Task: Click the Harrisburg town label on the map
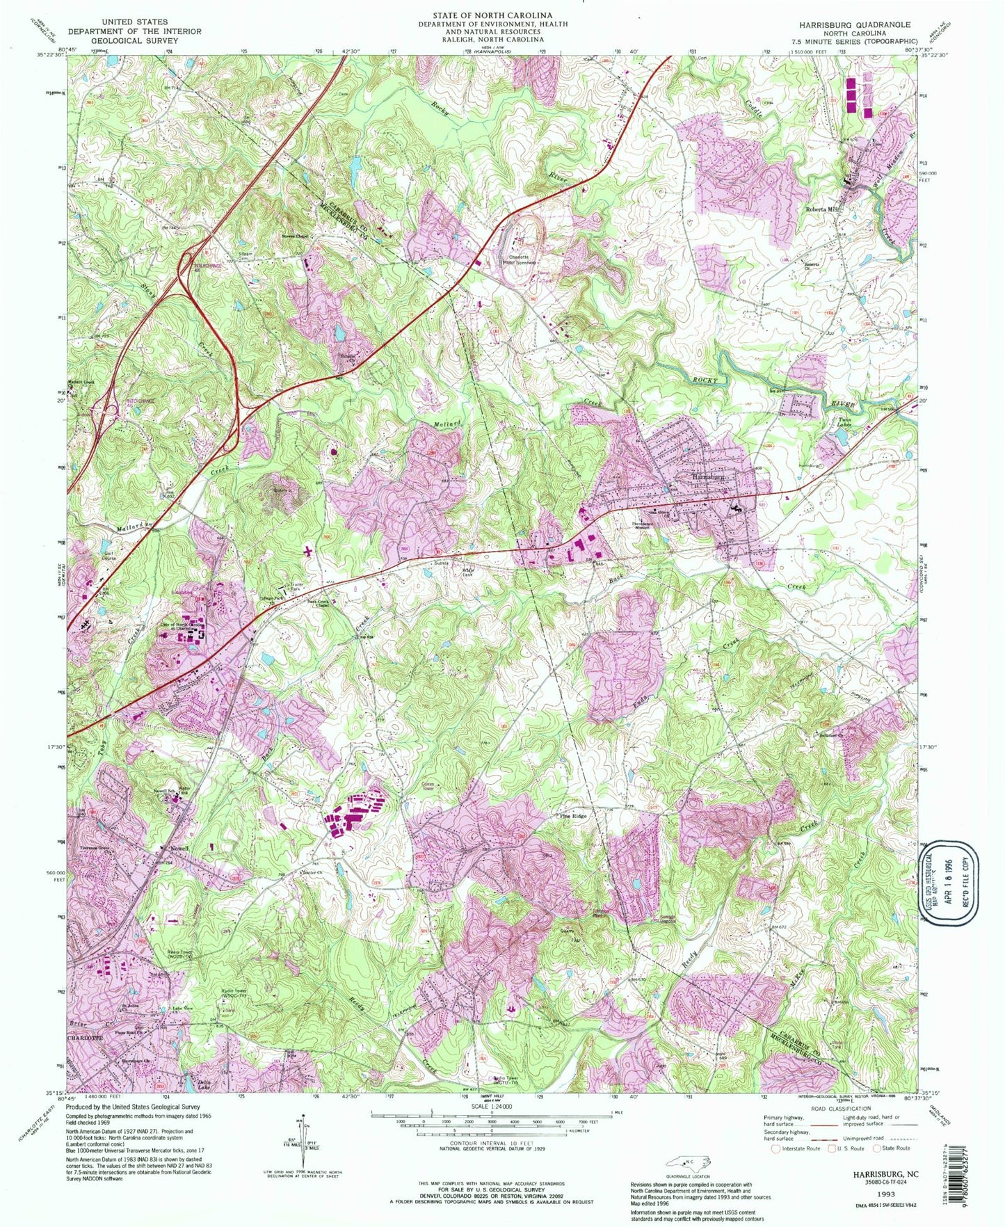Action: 708,478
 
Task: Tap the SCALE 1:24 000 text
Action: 491,1107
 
